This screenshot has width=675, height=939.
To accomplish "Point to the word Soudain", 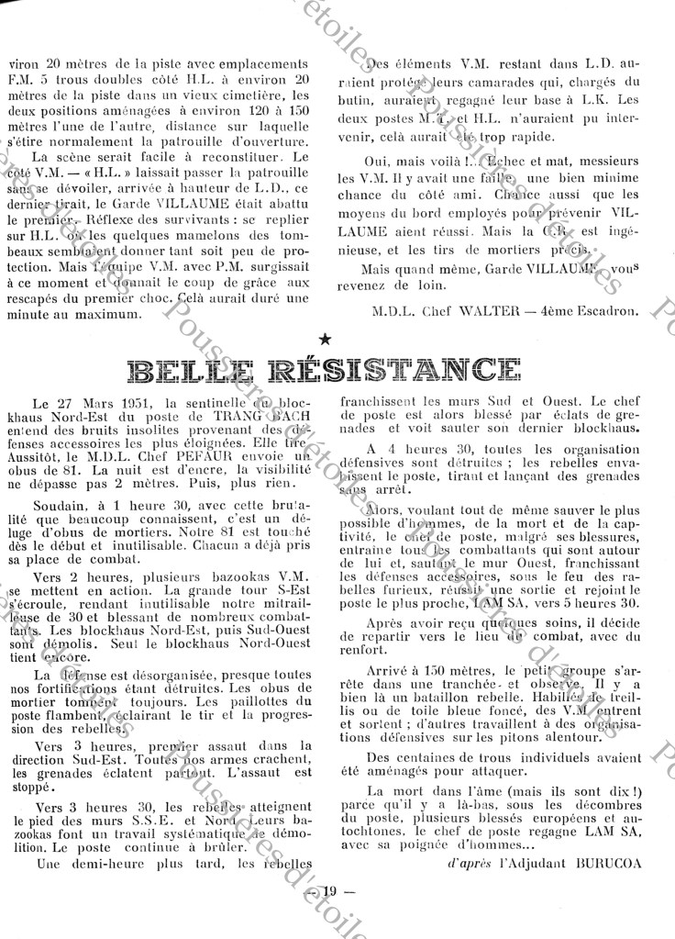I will [57, 504].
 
